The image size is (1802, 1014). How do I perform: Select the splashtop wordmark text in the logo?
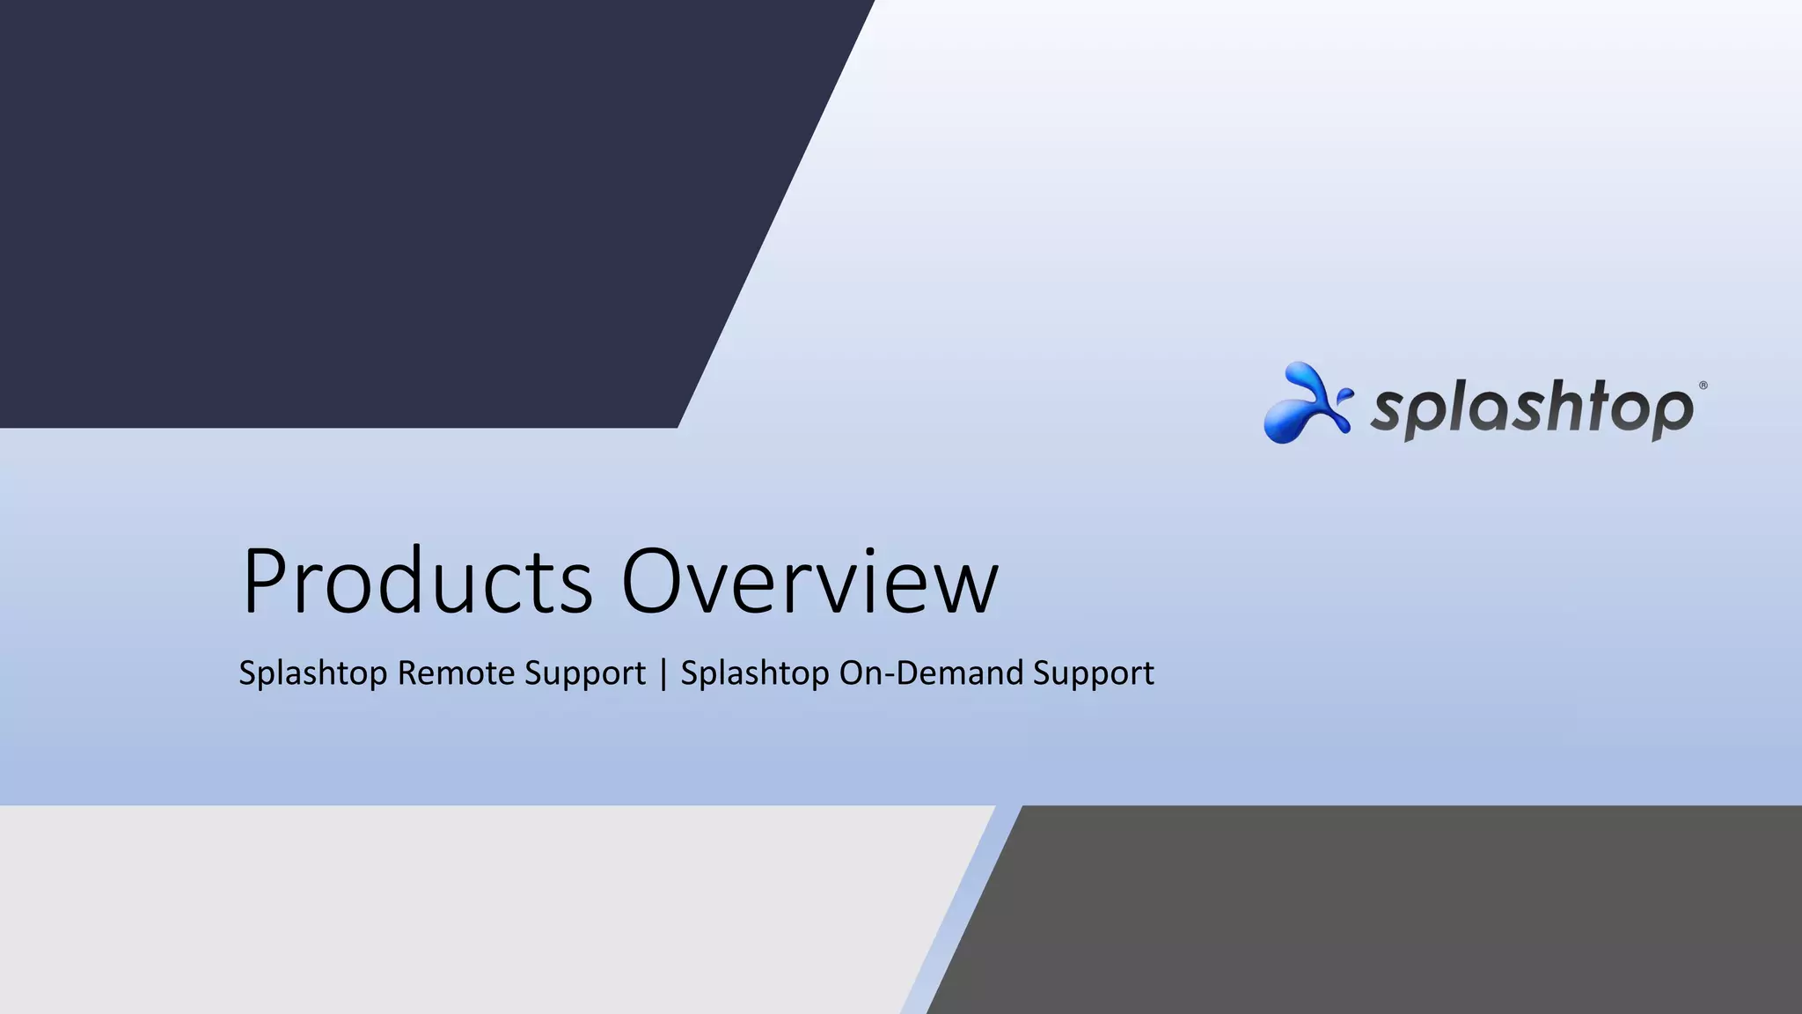point(1531,410)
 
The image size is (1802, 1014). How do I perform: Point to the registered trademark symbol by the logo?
point(1703,386)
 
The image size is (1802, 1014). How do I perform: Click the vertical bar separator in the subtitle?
point(663,673)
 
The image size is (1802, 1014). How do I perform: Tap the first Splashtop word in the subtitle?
point(313,673)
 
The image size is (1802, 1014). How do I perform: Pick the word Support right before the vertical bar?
point(584,673)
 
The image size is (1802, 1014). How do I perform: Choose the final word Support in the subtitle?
point(1093,673)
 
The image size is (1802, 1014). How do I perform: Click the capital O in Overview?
point(655,581)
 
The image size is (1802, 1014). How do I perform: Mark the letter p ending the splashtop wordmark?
point(1671,414)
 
